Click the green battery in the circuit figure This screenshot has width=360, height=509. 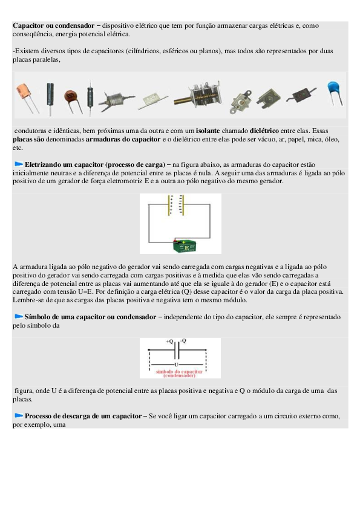coord(184,246)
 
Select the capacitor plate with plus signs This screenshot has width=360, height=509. coord(169,205)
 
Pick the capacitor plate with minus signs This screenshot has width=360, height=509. coord(182,205)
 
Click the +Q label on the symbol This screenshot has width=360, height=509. coord(169,341)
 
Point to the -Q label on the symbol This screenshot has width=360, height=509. coord(183,340)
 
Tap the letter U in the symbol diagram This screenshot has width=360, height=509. coord(177,365)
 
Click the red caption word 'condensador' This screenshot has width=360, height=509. coord(179,375)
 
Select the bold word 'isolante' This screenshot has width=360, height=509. coord(208,131)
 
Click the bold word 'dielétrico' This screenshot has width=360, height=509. coord(264,131)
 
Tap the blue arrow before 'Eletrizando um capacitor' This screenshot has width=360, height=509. coord(19,164)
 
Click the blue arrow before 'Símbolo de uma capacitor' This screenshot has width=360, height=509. coord(19,316)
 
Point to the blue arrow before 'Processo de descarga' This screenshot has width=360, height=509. coord(19,415)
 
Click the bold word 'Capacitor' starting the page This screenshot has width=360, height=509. coord(28,25)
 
